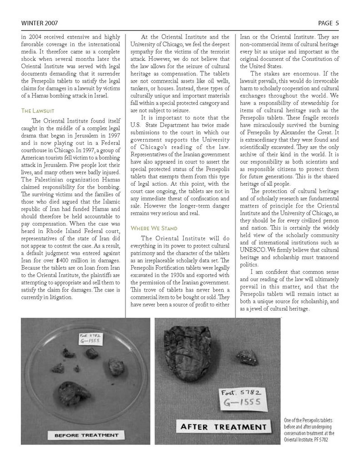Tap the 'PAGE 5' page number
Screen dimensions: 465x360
[328, 23]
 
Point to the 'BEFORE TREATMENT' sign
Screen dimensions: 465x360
[86, 435]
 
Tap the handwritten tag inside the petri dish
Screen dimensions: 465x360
[90, 339]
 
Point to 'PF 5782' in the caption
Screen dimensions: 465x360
[320, 440]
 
